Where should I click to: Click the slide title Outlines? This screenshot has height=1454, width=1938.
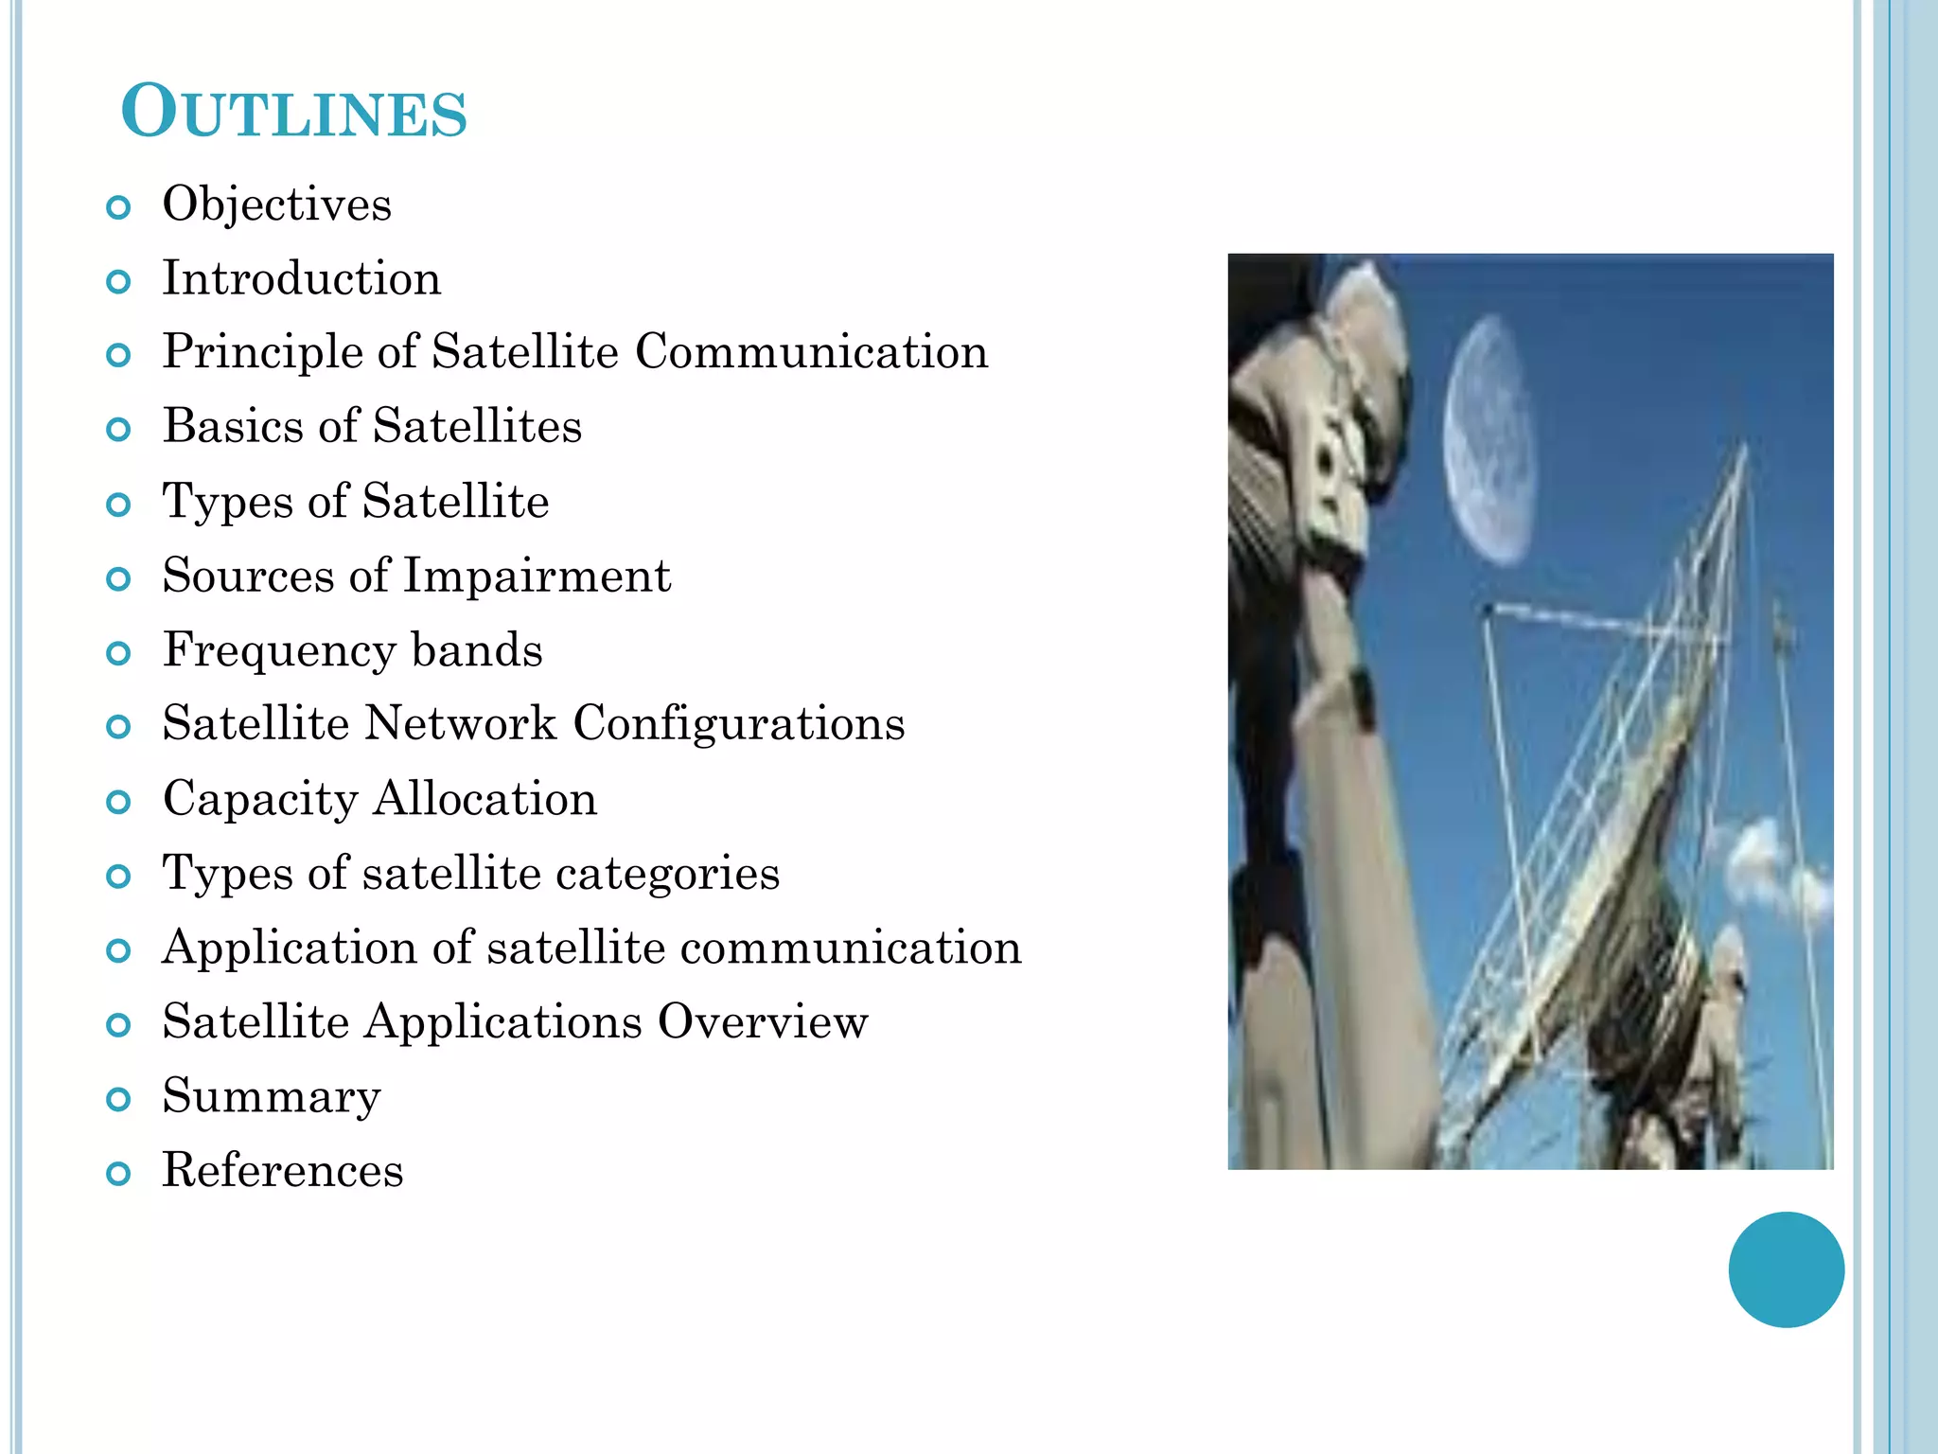294,113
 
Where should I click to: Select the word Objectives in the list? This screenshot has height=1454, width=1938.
276,204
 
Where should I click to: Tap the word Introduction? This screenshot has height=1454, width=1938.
301,278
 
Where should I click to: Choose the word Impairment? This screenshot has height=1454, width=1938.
537,576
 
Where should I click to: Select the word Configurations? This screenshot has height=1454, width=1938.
738,725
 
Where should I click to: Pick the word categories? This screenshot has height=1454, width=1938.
667,873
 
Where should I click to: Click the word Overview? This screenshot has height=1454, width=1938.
763,1021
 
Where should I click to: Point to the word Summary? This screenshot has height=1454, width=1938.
272,1097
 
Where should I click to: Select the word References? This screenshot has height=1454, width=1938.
282,1170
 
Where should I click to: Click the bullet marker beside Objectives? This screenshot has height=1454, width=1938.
118,207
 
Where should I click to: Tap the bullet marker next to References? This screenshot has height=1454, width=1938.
118,1174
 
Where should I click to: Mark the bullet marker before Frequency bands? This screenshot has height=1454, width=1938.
118,653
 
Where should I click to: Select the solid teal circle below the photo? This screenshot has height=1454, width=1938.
1786,1269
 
